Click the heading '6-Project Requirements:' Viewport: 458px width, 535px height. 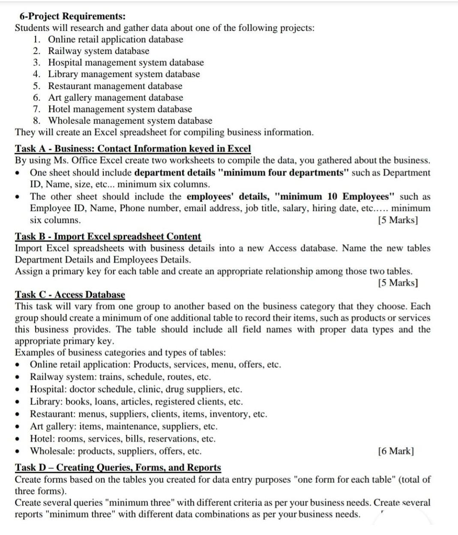point(72,16)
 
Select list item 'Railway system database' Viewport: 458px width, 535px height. point(99,51)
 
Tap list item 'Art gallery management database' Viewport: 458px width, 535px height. point(115,98)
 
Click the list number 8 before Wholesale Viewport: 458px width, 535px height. point(36,121)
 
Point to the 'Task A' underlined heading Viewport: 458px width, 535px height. point(132,149)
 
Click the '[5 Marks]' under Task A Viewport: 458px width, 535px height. point(398,220)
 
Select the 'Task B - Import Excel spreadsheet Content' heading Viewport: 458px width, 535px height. point(108,236)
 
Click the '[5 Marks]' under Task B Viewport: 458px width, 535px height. point(398,282)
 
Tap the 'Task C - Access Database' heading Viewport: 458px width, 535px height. point(70,294)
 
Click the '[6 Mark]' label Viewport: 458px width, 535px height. point(396,451)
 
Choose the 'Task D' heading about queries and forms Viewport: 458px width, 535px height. point(118,467)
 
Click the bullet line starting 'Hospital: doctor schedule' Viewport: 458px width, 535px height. point(136,389)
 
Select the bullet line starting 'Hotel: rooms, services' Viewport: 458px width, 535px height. point(123,438)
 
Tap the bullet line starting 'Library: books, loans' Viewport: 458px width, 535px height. point(136,401)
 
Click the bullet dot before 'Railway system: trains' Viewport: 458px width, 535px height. point(17,377)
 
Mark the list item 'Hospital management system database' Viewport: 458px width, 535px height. point(126,62)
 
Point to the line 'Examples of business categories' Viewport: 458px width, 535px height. point(120,353)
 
